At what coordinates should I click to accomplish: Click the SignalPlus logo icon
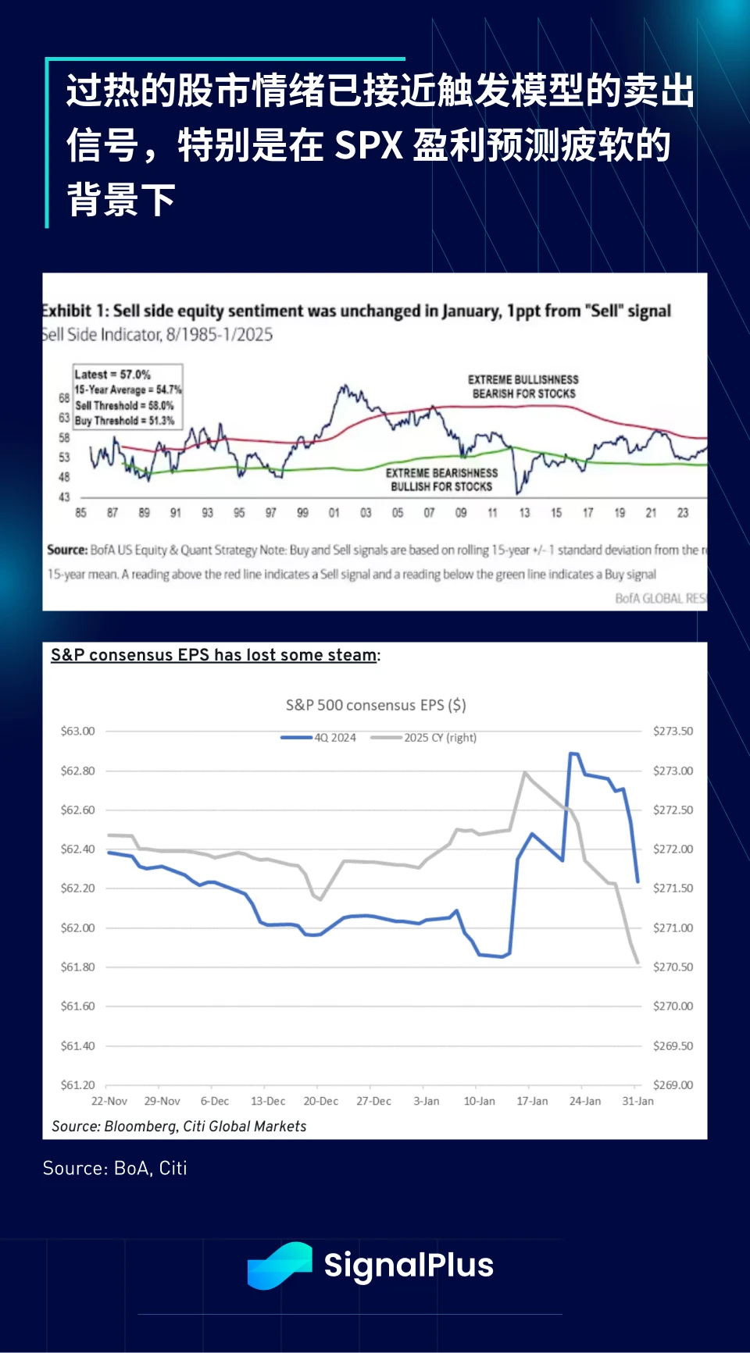tap(280, 1265)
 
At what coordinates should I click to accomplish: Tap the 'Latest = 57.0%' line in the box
tap(112, 375)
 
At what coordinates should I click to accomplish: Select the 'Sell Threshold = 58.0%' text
tap(124, 405)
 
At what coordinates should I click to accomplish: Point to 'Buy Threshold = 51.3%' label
tap(124, 420)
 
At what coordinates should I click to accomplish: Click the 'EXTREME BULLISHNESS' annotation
tap(523, 379)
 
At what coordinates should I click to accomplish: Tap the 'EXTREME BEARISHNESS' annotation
tap(441, 473)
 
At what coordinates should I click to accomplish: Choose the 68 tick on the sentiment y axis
tap(64, 398)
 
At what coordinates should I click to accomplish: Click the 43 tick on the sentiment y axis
tap(64, 497)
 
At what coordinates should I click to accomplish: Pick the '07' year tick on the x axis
tap(429, 513)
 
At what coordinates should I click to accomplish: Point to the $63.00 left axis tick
tap(77, 731)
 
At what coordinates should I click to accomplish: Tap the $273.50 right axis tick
tap(673, 731)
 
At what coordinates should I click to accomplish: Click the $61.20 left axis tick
tap(77, 1084)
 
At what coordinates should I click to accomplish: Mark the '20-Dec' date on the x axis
tap(320, 1101)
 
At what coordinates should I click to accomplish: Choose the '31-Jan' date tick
tap(637, 1101)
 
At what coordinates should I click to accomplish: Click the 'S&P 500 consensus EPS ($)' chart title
tap(376, 705)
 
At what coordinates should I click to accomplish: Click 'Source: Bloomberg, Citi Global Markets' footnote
tap(179, 1126)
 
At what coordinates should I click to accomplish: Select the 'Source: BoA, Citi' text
tap(115, 1168)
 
